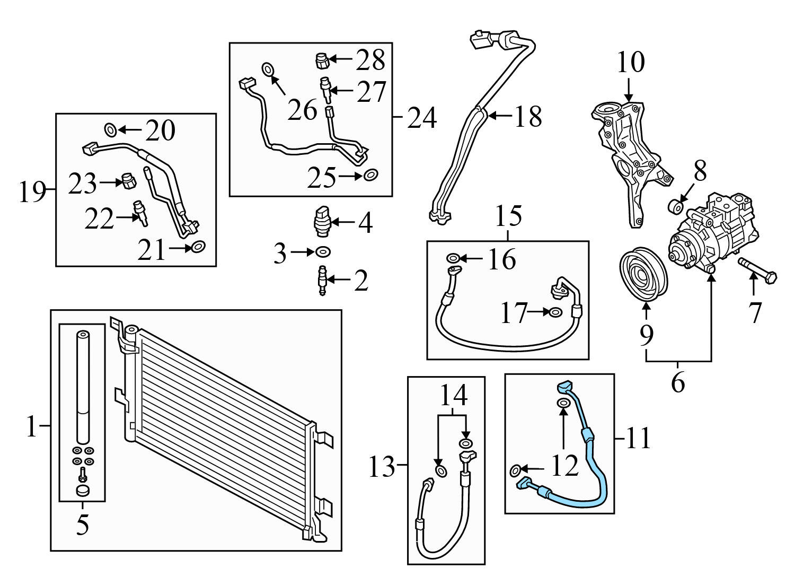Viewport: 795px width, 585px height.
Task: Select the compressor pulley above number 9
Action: [643, 275]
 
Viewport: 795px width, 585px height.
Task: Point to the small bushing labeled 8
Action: [675, 206]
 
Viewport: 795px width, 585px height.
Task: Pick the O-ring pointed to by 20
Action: [110, 129]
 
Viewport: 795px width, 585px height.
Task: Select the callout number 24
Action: [422, 118]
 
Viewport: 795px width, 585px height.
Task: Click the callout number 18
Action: [528, 116]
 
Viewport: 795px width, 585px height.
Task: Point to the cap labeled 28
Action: [322, 60]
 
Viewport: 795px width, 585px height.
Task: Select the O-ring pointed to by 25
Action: [370, 174]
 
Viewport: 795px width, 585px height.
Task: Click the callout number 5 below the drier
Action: [82, 525]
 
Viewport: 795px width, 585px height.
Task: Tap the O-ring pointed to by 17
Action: [555, 312]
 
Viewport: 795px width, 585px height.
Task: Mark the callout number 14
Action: [454, 395]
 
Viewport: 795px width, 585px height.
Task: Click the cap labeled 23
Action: [128, 181]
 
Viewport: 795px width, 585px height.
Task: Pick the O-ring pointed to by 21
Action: [198, 247]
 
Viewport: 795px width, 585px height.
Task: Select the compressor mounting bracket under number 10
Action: [631, 159]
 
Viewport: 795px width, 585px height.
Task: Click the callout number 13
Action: [382, 467]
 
